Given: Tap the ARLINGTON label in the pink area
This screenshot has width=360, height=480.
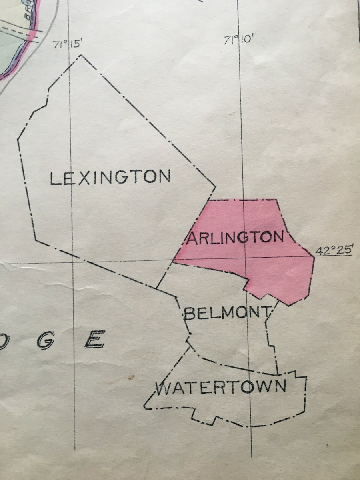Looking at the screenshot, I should [x=235, y=238].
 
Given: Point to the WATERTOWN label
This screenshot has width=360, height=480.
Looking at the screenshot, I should [x=221, y=387].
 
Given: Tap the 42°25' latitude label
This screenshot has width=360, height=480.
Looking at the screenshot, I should [x=334, y=251].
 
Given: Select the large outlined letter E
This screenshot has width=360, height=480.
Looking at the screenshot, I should [x=95, y=339].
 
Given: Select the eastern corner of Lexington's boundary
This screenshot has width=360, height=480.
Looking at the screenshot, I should [x=216, y=186].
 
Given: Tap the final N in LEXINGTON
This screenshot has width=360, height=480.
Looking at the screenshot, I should [x=164, y=176].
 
